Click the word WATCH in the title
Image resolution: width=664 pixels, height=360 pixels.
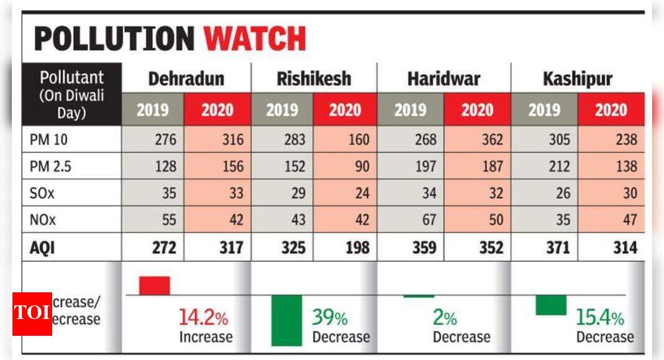tap(255, 39)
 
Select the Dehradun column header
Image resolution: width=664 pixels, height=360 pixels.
tap(186, 79)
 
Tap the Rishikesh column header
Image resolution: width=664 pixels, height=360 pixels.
tap(314, 79)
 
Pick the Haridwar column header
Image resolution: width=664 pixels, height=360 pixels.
tap(443, 79)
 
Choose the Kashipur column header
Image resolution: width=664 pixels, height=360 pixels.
tap(577, 79)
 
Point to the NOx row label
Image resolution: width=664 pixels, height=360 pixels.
tap(42, 220)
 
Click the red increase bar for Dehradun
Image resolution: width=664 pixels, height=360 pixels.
tap(154, 286)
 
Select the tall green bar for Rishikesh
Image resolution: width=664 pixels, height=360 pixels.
tap(286, 320)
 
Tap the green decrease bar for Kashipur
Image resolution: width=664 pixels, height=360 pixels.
tap(551, 305)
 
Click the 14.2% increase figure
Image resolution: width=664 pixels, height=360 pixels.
tap(204, 318)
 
